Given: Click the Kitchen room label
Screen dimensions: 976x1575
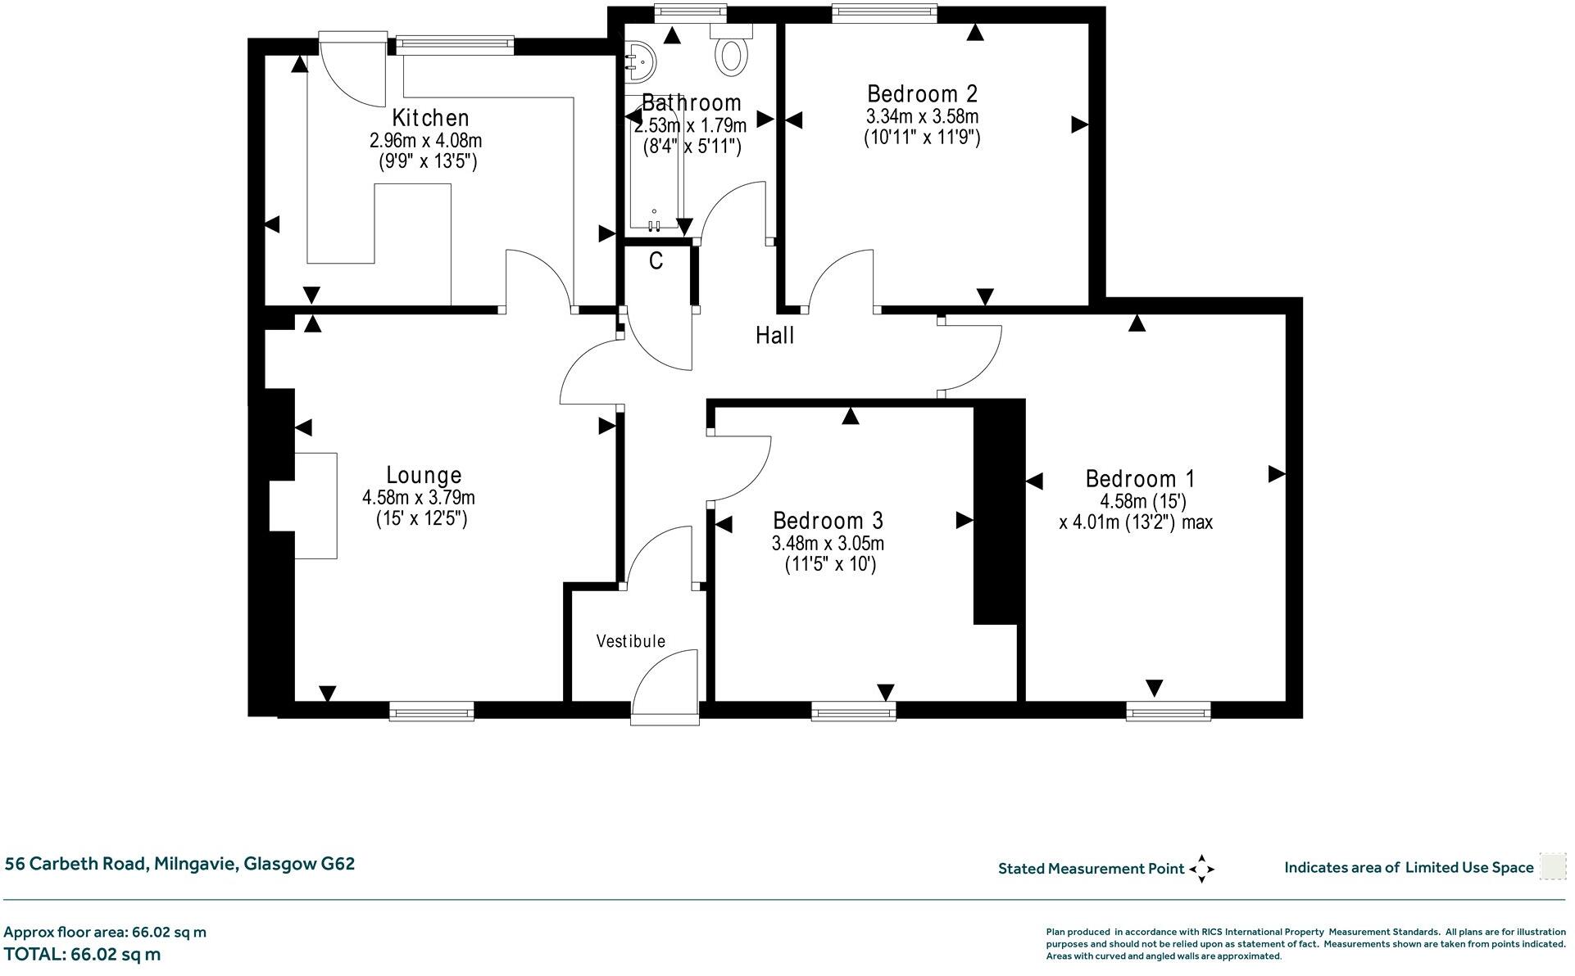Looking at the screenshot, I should click(x=430, y=118).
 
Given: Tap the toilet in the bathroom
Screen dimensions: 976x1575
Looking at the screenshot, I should click(x=732, y=52).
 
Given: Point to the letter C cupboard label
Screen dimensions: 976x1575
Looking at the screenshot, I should click(x=656, y=261).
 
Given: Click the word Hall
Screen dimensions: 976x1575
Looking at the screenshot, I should click(x=774, y=335).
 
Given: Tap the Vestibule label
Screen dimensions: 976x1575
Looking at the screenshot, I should click(x=630, y=641).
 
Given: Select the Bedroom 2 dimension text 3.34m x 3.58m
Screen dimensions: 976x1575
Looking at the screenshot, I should click(x=922, y=116).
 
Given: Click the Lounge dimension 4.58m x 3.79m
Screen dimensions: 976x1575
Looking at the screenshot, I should click(x=418, y=497).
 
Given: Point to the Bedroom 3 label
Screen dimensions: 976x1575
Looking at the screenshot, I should click(x=828, y=521).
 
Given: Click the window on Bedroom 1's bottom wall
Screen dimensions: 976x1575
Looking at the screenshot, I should click(x=1168, y=712).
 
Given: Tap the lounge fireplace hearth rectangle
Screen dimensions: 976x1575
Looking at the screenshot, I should click(x=315, y=505).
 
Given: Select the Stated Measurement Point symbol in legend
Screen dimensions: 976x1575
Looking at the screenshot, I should click(x=1201, y=869).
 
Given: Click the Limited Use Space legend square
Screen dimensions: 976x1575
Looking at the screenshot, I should click(x=1552, y=866).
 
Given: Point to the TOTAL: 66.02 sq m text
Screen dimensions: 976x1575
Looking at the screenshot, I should click(x=82, y=954).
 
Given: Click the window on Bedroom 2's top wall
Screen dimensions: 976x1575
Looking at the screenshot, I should click(x=884, y=11).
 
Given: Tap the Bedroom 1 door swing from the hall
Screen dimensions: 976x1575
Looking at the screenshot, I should click(x=971, y=358).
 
